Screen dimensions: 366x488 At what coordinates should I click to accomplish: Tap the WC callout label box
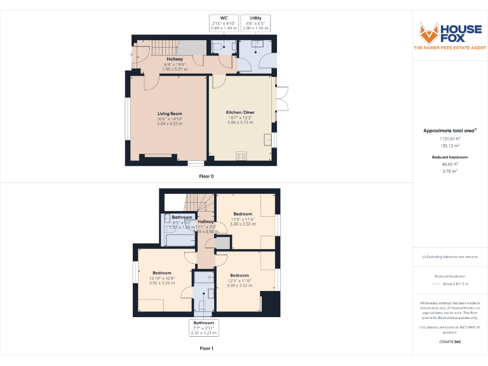pos(223,24)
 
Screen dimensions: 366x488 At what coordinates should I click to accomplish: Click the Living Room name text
pos(170,114)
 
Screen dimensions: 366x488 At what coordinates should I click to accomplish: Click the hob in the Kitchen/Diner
pos(241,154)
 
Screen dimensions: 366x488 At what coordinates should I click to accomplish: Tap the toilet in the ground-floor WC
pos(217,46)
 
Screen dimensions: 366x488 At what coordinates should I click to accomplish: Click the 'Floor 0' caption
pos(207,175)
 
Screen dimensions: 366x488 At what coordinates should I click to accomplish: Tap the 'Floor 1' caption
pos(207,348)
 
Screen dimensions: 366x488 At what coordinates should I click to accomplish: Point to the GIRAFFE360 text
pos(450,342)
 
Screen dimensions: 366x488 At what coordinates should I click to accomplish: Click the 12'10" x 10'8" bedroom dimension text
pos(162,278)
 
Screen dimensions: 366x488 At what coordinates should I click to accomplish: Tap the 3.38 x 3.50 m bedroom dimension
pos(243,224)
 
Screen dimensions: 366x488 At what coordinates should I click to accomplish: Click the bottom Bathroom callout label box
pos(204,327)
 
